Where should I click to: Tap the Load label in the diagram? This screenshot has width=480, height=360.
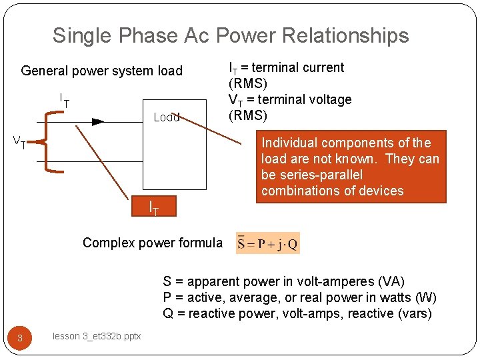pos(167,117)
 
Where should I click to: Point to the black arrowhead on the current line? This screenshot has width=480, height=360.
pos(98,121)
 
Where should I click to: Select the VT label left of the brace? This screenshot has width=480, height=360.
pos(21,141)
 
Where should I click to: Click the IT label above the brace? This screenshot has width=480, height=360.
pos(65,101)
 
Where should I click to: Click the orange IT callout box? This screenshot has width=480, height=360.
pos(153,207)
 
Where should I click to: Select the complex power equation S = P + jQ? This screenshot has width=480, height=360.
pos(268,243)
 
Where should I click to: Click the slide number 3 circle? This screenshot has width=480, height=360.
pos(20,338)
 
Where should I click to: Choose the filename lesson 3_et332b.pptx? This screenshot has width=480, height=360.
pos(97,337)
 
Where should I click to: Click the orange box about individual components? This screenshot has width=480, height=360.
pos(351,167)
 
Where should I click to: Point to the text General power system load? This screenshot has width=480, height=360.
pos(102,71)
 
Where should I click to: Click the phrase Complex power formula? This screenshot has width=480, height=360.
pos(153,243)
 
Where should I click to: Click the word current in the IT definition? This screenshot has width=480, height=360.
pos(322,67)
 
